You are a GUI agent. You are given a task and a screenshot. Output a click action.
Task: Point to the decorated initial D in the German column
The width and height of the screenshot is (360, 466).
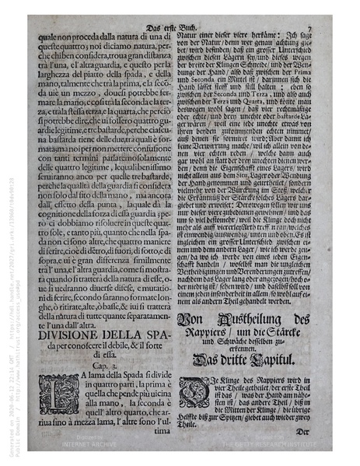point(193,391)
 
